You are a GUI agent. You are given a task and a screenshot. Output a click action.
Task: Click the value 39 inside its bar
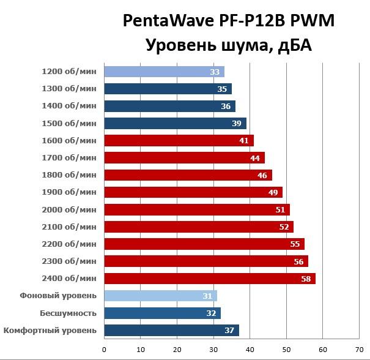(237, 124)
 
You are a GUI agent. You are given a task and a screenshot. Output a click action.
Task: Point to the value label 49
(273, 193)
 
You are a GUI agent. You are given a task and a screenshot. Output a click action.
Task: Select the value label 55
(295, 244)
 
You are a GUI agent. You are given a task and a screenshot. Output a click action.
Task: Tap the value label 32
(211, 313)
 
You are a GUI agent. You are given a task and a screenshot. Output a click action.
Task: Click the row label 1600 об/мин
(69, 140)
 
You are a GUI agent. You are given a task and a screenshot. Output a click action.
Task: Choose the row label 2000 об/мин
(69, 209)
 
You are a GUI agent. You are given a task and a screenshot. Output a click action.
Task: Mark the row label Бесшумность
(68, 313)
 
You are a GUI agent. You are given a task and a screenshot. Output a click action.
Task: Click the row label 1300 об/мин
(69, 89)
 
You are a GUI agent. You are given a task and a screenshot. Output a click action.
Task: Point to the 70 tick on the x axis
(359, 350)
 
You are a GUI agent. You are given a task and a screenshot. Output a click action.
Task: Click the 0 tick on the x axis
(105, 350)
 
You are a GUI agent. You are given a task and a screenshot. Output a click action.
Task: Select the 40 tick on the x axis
(250, 350)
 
